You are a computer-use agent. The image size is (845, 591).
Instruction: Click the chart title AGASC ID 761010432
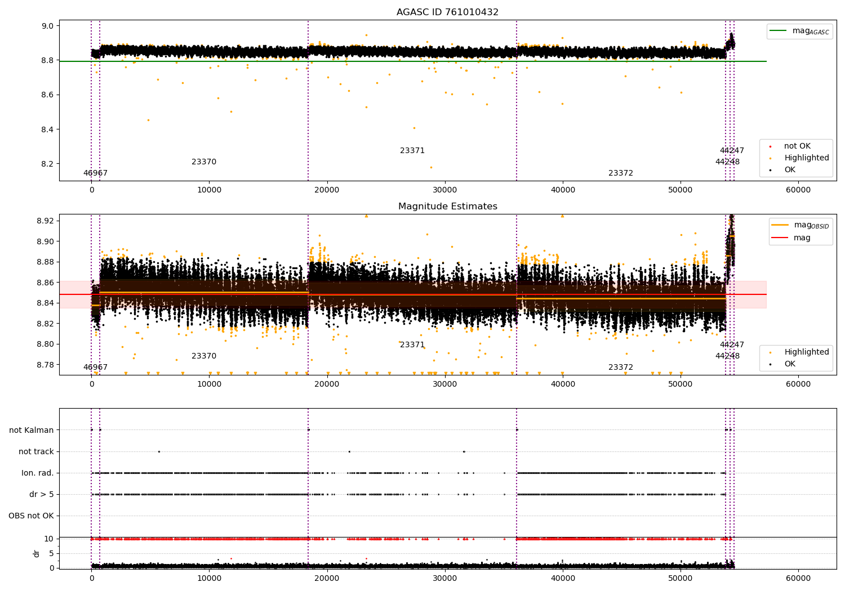click(x=447, y=12)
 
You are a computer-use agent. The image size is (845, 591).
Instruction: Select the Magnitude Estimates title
click(x=447, y=207)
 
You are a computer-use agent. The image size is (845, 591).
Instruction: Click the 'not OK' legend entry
click(x=797, y=146)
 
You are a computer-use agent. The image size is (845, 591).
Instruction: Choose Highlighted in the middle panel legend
click(x=806, y=352)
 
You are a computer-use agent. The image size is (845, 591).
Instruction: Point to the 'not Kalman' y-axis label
click(x=32, y=430)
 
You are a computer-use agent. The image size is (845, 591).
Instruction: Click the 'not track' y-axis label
click(x=36, y=451)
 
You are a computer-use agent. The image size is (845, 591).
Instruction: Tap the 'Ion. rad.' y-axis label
click(x=38, y=473)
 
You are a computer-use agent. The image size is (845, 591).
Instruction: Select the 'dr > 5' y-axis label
click(x=41, y=494)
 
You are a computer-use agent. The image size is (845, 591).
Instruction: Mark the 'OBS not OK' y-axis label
click(x=31, y=516)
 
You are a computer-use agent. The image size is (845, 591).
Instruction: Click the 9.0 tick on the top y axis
click(x=47, y=26)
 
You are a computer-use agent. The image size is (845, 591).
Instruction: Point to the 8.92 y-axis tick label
click(x=45, y=221)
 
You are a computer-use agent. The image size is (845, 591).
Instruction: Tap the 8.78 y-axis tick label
click(x=45, y=365)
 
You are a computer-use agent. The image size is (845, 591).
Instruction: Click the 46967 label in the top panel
click(x=95, y=173)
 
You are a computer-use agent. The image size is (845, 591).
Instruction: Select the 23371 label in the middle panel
click(x=412, y=345)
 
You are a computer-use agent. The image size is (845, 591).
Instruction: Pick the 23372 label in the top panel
click(x=621, y=173)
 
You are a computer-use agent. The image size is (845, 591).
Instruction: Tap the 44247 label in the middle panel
click(x=732, y=345)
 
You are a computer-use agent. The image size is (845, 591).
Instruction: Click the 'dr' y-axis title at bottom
click(x=37, y=553)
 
